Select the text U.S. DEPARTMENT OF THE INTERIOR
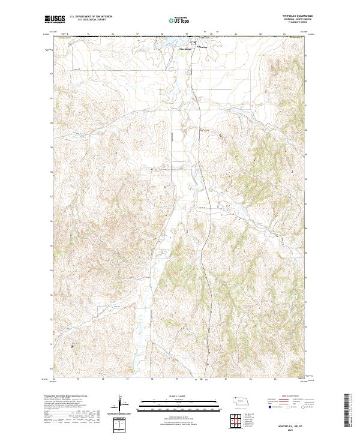point(91,17)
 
